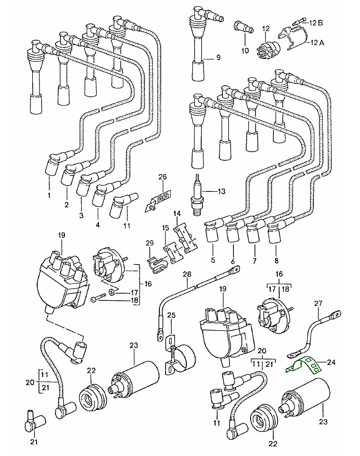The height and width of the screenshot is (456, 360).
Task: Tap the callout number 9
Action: (x=218, y=57)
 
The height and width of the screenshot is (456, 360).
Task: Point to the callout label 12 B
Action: (x=316, y=22)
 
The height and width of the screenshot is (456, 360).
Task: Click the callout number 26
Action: (x=162, y=177)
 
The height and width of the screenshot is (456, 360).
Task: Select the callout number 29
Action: (x=149, y=243)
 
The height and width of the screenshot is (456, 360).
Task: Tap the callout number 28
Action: (x=187, y=275)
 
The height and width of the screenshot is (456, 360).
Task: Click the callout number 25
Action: (x=171, y=315)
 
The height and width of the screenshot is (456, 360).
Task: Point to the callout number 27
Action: (x=318, y=304)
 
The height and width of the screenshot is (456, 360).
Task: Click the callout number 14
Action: (x=177, y=213)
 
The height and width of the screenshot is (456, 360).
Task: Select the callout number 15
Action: (x=166, y=228)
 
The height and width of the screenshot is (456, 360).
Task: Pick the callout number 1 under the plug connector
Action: (x=48, y=196)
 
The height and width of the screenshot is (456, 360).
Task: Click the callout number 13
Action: (x=222, y=192)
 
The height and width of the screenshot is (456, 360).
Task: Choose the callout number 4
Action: (x=98, y=225)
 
